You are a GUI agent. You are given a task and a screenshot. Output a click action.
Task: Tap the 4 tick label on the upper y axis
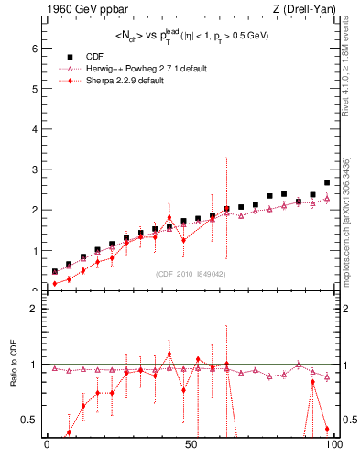pyautogui.click(x=36, y=129)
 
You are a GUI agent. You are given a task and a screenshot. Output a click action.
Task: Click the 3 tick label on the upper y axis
pyautogui.click(x=36, y=169)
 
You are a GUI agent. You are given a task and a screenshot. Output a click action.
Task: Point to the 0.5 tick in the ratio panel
pyautogui.click(x=31, y=420)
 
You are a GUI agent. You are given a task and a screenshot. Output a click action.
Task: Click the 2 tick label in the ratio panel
pyautogui.click(x=36, y=309)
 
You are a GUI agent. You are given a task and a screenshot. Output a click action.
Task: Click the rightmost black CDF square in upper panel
pyautogui.click(x=327, y=182)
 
